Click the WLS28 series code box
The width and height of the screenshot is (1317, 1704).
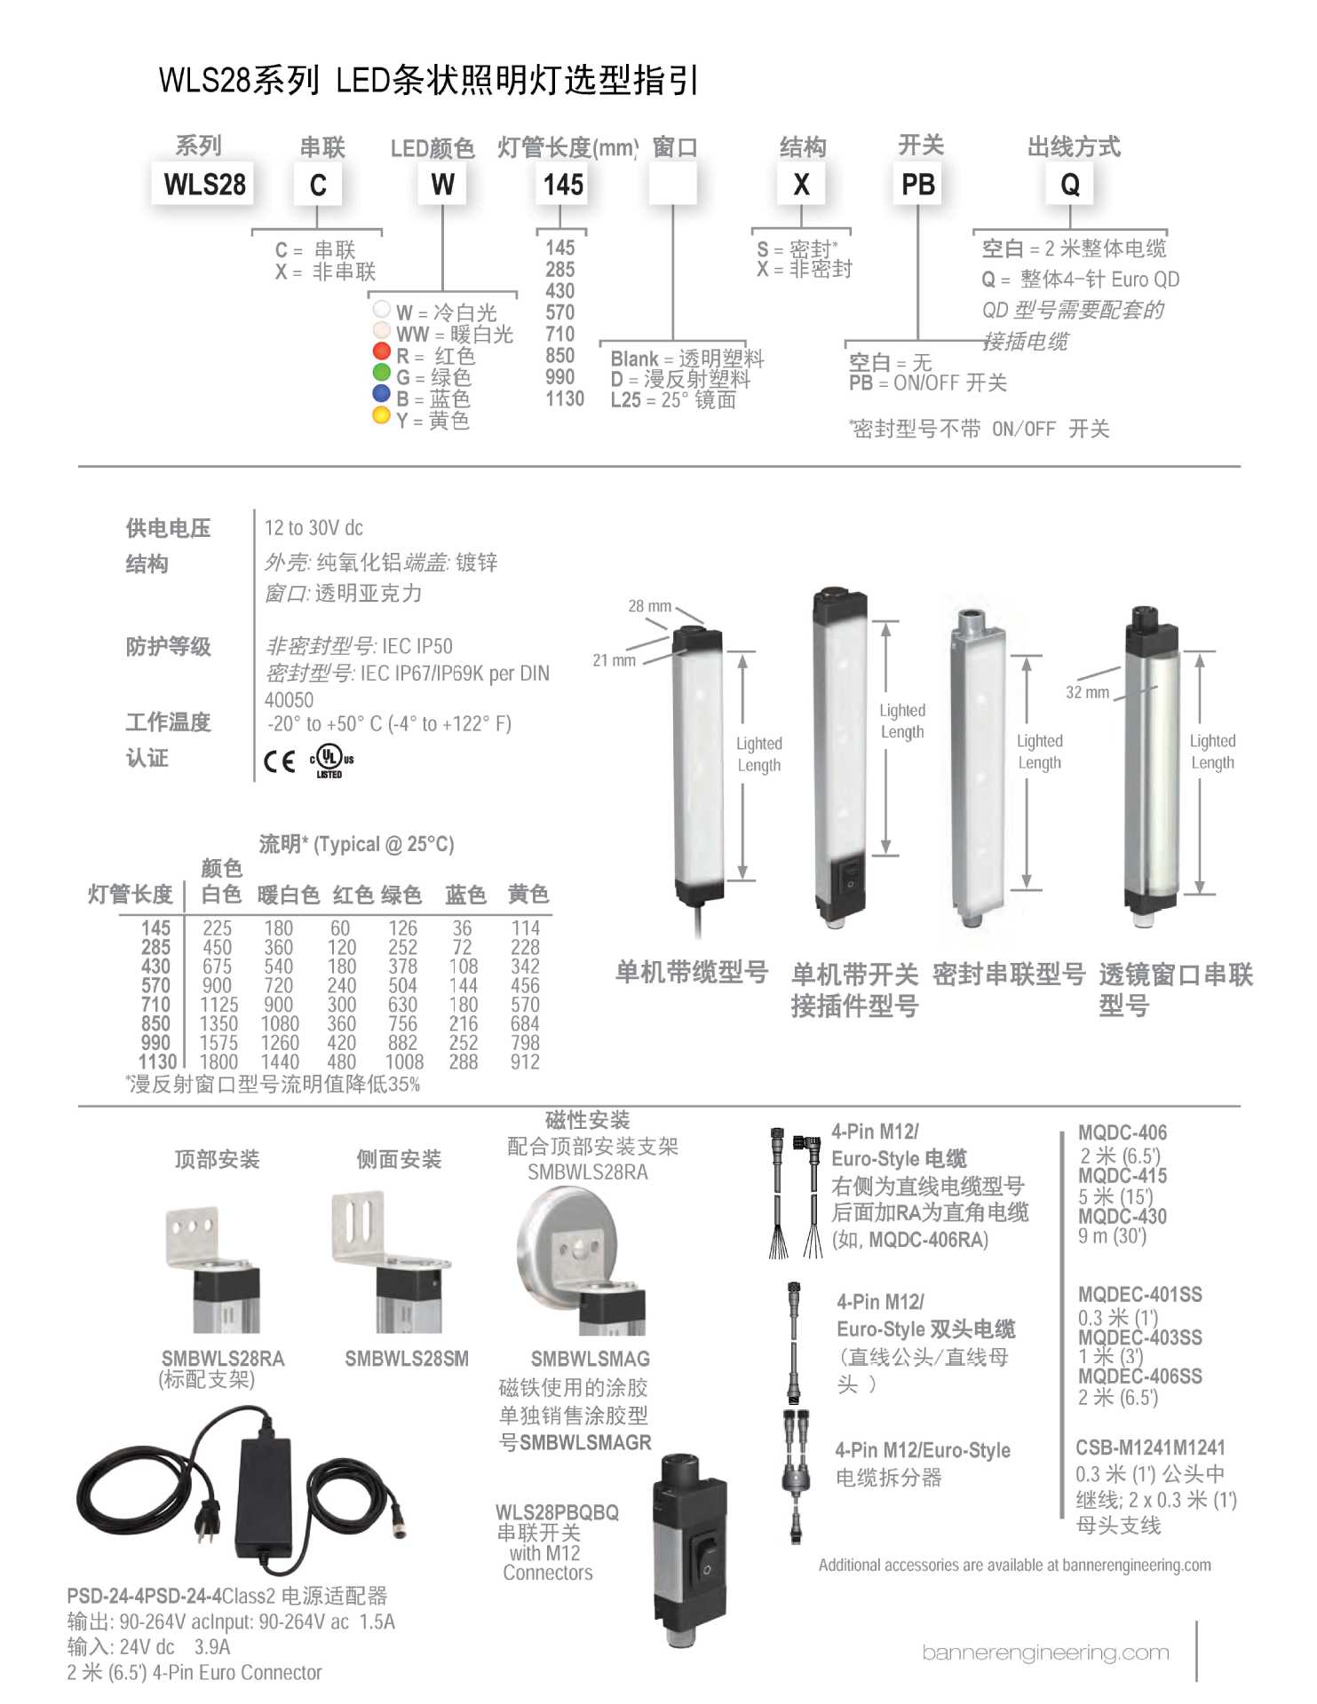pos(204,184)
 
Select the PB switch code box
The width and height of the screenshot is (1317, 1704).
pos(917,184)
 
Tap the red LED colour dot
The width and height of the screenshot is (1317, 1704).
pos(382,351)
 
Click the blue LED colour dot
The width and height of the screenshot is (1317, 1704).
pos(382,393)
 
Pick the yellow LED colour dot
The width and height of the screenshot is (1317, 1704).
pos(382,415)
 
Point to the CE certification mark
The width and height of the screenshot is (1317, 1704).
pos(280,761)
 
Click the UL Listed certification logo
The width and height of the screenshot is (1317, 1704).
pos(330,760)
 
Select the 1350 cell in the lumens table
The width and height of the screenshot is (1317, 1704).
pos(218,1023)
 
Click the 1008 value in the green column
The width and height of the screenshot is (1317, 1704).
pos(404,1061)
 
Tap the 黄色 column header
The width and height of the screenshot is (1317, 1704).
pos(528,894)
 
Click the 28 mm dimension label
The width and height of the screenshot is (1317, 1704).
pos(649,606)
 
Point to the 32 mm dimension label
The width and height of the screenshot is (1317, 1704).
pos(1087,692)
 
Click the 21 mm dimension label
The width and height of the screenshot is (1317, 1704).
pos(614,660)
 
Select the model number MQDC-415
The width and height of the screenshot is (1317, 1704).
pos(1123,1175)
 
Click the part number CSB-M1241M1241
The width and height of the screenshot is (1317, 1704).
pos(1150,1448)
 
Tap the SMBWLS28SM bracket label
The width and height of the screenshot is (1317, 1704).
pos(407,1358)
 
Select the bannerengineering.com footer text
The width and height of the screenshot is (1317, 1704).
pos(1045,1653)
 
